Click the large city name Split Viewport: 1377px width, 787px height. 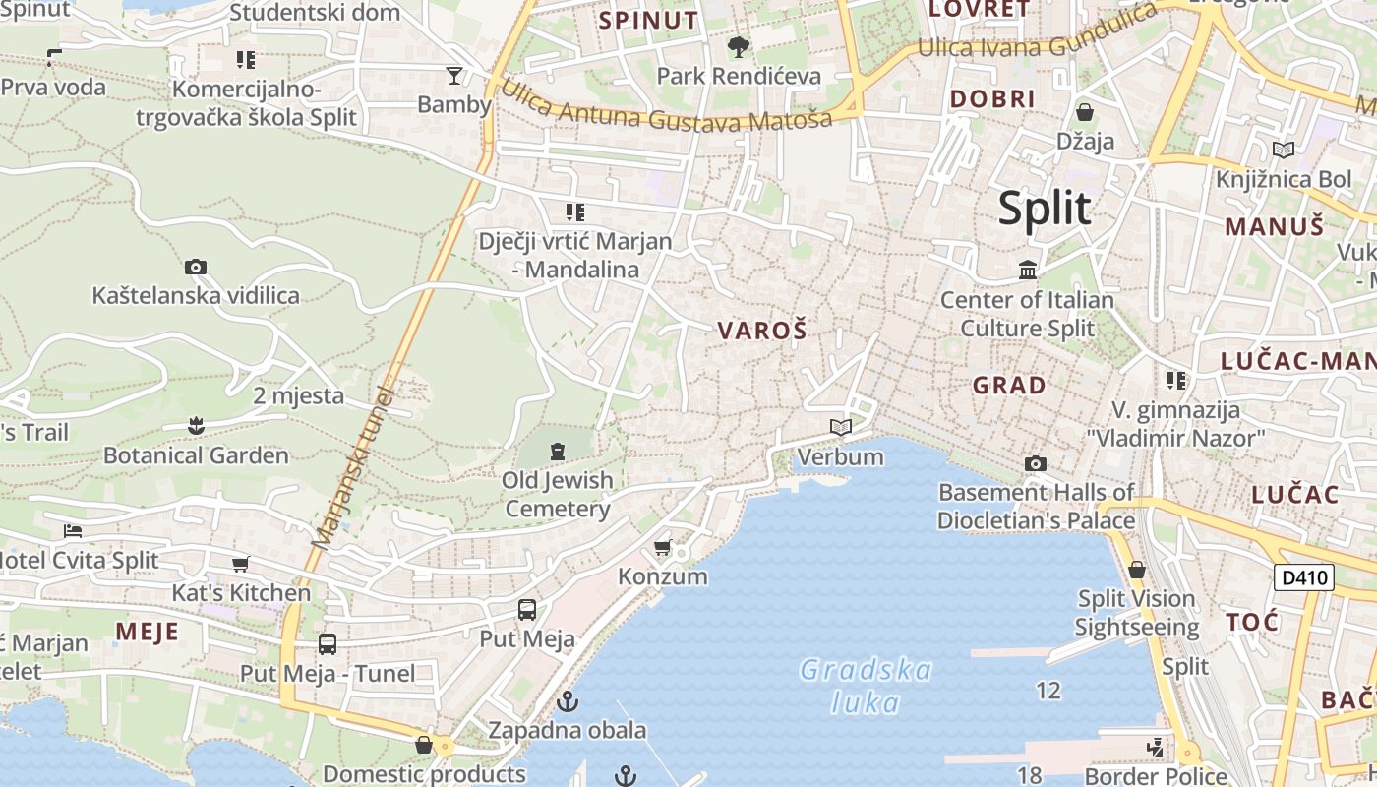(x=1045, y=209)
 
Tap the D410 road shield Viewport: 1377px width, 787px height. (x=1303, y=577)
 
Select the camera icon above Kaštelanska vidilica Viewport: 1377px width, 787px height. (x=196, y=267)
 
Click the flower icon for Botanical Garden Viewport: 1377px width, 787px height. (x=196, y=426)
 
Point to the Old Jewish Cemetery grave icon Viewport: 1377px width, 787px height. (x=558, y=452)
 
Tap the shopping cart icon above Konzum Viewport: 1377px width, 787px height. (x=663, y=547)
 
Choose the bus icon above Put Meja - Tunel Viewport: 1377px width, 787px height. (x=328, y=644)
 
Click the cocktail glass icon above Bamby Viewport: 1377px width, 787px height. (x=453, y=75)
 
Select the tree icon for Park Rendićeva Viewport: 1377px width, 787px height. (x=738, y=46)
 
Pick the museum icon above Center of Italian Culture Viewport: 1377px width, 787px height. (x=1028, y=270)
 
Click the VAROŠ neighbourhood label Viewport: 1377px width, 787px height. (x=762, y=331)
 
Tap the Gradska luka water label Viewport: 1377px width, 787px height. (x=866, y=686)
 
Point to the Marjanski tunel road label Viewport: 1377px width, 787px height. (x=354, y=467)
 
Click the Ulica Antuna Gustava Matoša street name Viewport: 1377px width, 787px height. (x=666, y=108)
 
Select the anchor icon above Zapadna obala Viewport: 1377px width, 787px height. (x=568, y=701)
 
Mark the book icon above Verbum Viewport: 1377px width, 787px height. (x=840, y=427)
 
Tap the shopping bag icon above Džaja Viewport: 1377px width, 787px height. (x=1085, y=112)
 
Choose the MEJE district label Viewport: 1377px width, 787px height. (x=147, y=631)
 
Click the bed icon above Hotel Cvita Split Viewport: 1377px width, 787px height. (x=73, y=531)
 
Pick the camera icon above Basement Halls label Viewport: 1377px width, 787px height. (x=1035, y=463)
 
